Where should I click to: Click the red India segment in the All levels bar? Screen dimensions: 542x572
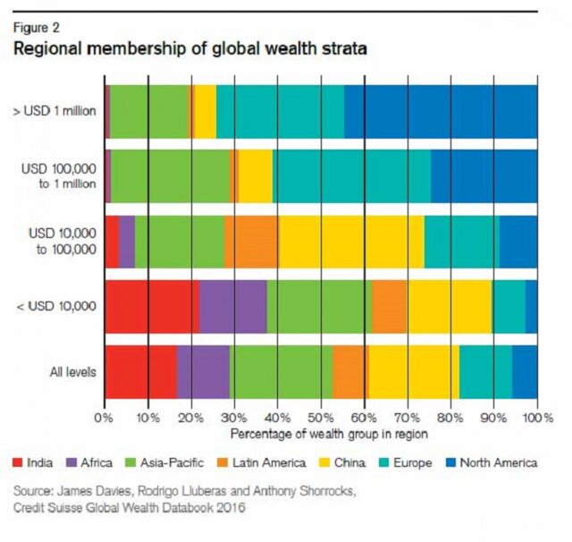140,370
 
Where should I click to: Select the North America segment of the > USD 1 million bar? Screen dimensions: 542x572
441,112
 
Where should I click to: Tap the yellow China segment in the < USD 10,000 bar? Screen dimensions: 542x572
449,305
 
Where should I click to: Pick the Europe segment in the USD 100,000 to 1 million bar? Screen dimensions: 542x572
351,176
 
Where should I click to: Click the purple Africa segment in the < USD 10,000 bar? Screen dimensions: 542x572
232,305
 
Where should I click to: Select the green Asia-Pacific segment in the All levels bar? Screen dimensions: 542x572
281,370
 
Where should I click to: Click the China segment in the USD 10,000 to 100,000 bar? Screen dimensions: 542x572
350,241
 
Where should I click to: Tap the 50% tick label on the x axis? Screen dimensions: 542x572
321,418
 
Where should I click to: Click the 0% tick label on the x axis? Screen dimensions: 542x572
105,418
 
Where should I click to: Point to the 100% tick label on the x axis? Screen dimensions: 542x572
536,418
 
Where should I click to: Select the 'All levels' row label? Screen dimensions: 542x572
70,370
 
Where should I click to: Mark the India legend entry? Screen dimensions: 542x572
32,462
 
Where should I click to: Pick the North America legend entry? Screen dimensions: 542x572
495,462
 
